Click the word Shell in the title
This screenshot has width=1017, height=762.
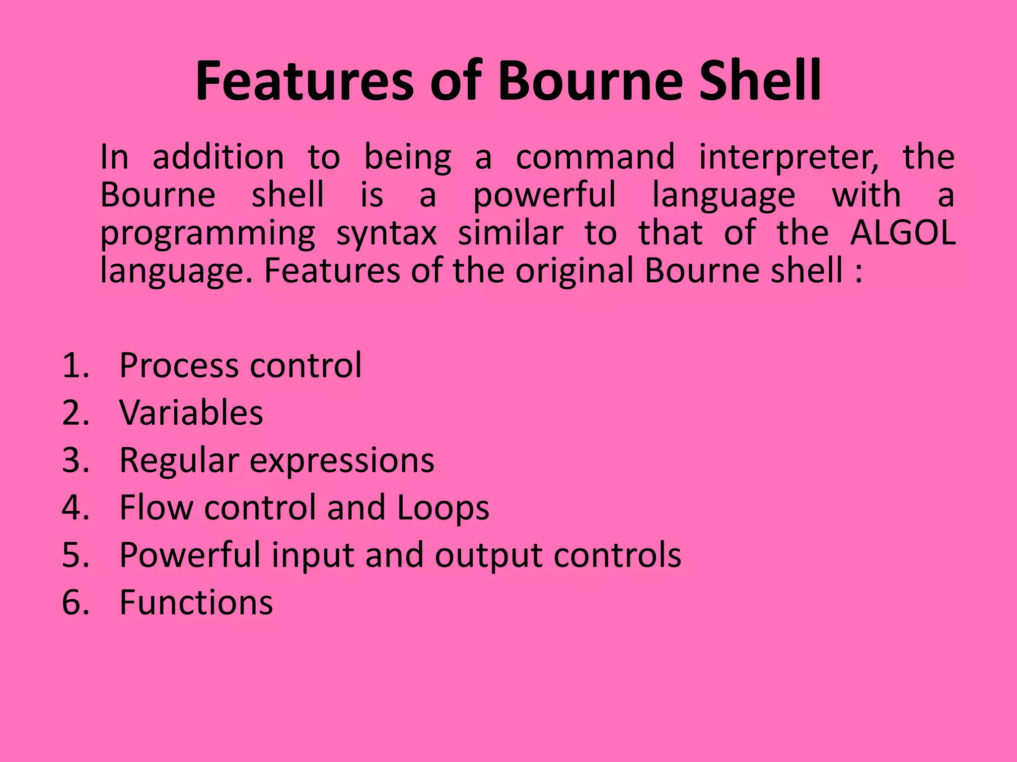coord(760,80)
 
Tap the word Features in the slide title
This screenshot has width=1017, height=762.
coord(304,80)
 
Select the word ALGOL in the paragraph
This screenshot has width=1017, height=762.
coord(903,233)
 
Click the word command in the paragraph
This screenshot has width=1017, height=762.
coord(595,157)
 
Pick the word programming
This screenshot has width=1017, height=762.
coord(208,234)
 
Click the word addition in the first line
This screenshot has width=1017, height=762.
coord(218,157)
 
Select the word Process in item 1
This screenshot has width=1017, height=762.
coord(180,366)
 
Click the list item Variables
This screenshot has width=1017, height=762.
coord(191,413)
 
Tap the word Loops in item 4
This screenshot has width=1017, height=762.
coord(443,508)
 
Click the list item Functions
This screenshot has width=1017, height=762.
coord(196,603)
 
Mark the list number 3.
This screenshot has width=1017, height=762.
coord(75,460)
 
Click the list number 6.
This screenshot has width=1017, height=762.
coord(75,603)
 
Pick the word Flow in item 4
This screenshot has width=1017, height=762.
coord(156,508)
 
